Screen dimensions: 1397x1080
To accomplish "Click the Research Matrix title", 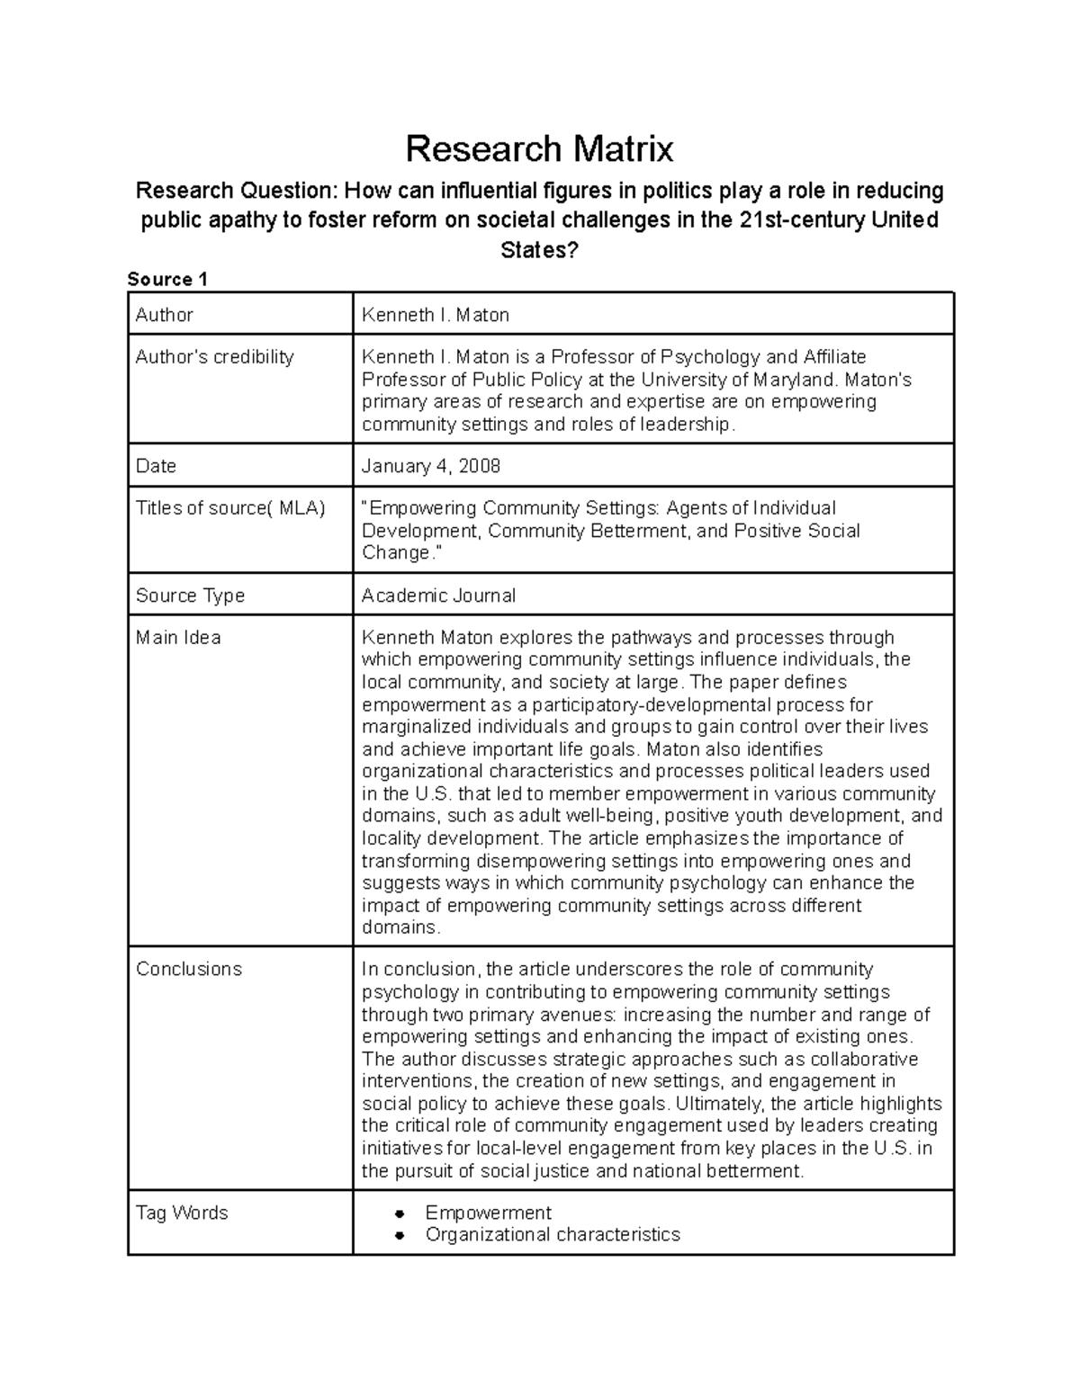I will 539,148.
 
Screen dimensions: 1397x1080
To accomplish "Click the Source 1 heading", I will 167,279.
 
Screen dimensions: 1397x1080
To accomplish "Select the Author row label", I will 164,315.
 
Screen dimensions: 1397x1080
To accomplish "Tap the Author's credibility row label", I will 214,357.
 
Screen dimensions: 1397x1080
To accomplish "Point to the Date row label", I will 156,466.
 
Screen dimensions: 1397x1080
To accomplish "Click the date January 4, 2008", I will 430,466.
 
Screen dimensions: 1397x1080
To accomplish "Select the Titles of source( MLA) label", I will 229,508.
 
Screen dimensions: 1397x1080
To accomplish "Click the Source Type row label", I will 190,596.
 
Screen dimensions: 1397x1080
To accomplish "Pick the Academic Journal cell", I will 438,596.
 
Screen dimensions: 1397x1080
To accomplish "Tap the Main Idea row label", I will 178,638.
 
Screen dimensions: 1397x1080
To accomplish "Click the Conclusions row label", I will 189,969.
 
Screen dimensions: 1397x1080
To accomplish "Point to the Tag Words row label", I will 182,1213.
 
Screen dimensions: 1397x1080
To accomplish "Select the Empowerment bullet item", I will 488,1213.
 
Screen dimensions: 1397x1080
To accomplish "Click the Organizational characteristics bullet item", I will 553,1234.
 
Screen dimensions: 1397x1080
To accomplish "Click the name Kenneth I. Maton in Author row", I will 435,315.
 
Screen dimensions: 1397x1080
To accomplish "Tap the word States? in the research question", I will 539,250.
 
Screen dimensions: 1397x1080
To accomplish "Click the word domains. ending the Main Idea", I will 400,927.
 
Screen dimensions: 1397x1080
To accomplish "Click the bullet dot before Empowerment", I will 400,1213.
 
